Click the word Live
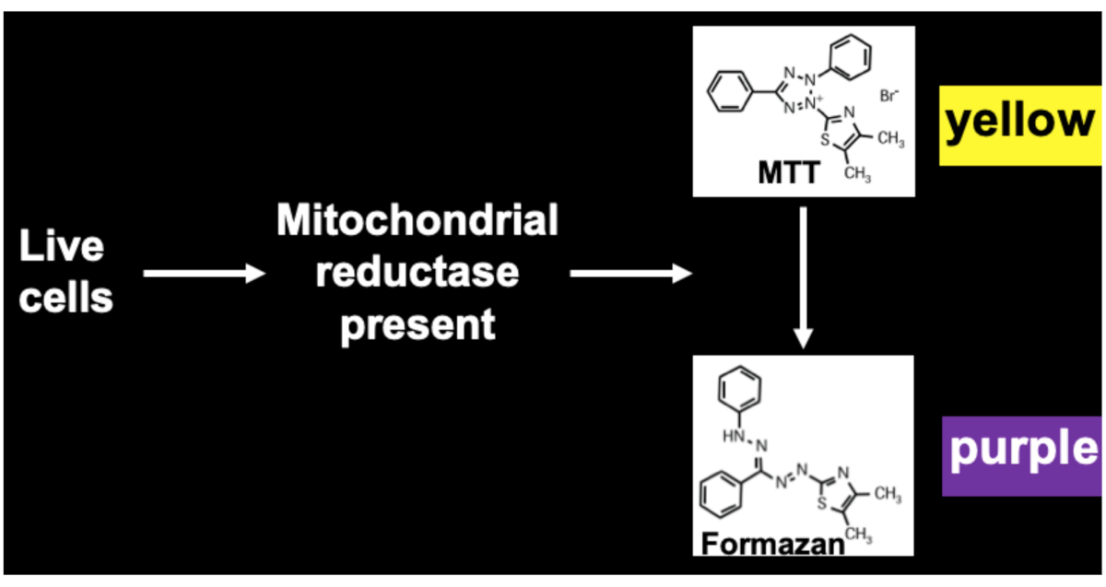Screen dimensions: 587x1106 [62, 247]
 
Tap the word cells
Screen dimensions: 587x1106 [65, 298]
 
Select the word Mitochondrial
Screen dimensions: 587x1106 [418, 221]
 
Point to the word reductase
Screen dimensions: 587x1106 [418, 273]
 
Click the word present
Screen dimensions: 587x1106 [418, 324]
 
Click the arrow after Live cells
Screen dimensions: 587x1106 [204, 274]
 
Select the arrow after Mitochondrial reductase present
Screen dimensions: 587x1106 [630, 274]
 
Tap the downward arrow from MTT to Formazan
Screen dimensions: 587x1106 [804, 276]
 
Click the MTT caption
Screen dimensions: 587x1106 [788, 172]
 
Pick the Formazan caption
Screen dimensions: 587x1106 [772, 543]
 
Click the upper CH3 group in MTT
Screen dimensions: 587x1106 [889, 140]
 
